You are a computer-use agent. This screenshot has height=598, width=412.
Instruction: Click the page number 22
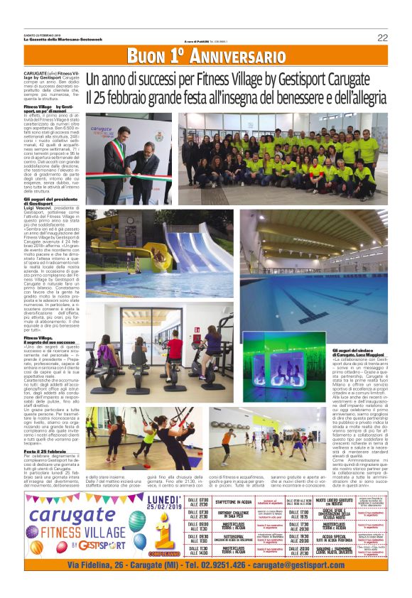click(382, 38)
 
